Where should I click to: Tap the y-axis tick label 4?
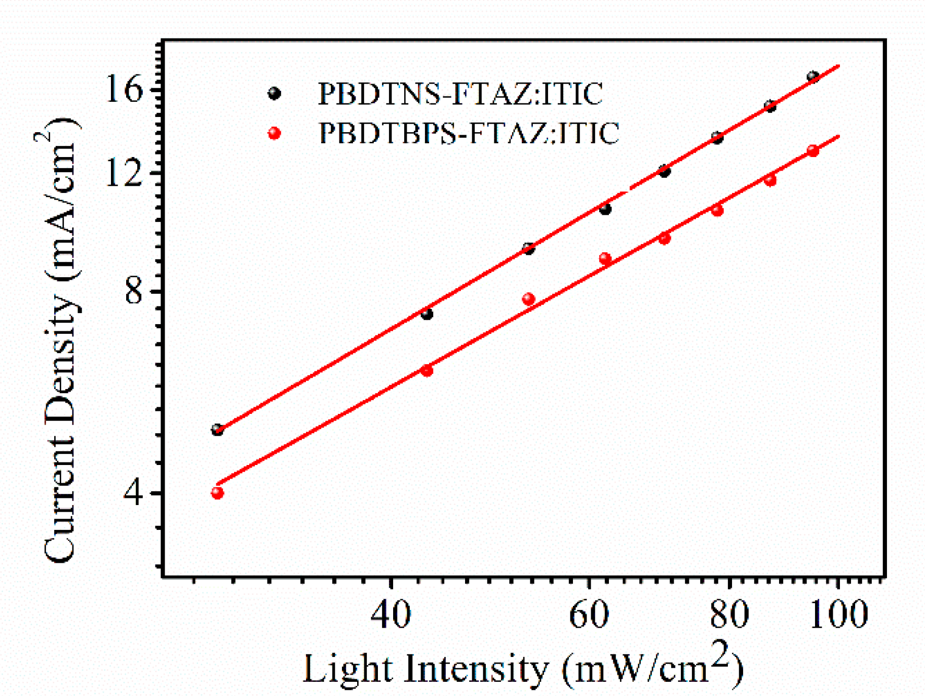133,493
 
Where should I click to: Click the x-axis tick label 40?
390,614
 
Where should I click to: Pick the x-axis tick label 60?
589,614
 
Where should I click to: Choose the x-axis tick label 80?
729,614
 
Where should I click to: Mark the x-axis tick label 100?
838,614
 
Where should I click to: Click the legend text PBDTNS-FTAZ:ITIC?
460,94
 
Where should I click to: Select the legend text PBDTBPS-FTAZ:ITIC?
469,133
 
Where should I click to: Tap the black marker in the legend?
274,94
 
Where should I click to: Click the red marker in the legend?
274,133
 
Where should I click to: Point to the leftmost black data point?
217,430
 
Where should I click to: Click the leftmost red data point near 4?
217,493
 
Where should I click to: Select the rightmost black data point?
813,77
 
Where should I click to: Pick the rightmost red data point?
813,151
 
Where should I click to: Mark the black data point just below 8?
427,314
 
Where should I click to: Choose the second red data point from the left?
427,370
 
